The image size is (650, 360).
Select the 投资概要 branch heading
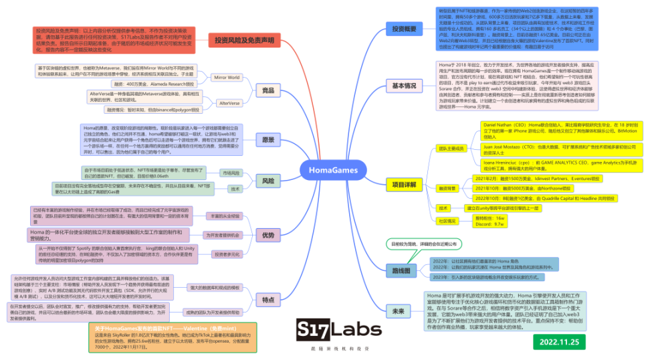[x=404, y=29]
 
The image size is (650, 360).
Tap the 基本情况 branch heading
[x=404, y=86]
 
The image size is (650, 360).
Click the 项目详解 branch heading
[x=404, y=184]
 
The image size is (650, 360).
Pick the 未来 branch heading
[x=399, y=311]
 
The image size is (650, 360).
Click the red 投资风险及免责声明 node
[x=244, y=41]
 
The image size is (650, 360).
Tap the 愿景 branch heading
[x=267, y=141]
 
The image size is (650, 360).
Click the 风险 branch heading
[x=267, y=181]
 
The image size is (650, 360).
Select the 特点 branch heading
[x=267, y=299]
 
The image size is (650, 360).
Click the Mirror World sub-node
[x=226, y=78]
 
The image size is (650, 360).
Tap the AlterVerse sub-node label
[x=229, y=103]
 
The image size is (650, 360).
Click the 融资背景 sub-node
[x=446, y=189]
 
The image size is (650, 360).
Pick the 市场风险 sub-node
[x=230, y=173]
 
